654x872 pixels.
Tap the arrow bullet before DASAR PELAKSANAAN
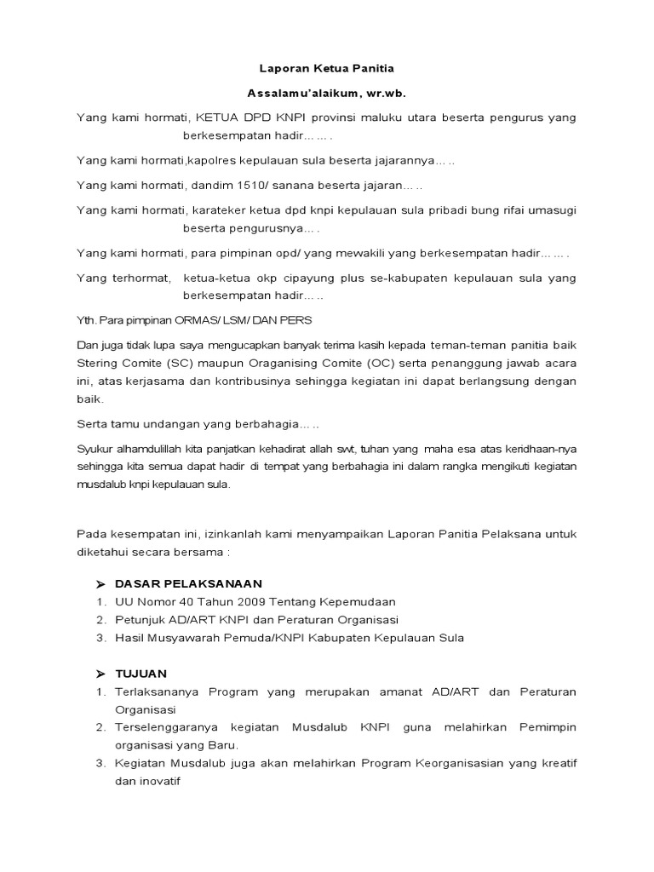[100, 583]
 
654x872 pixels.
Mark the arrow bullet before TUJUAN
[100, 672]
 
